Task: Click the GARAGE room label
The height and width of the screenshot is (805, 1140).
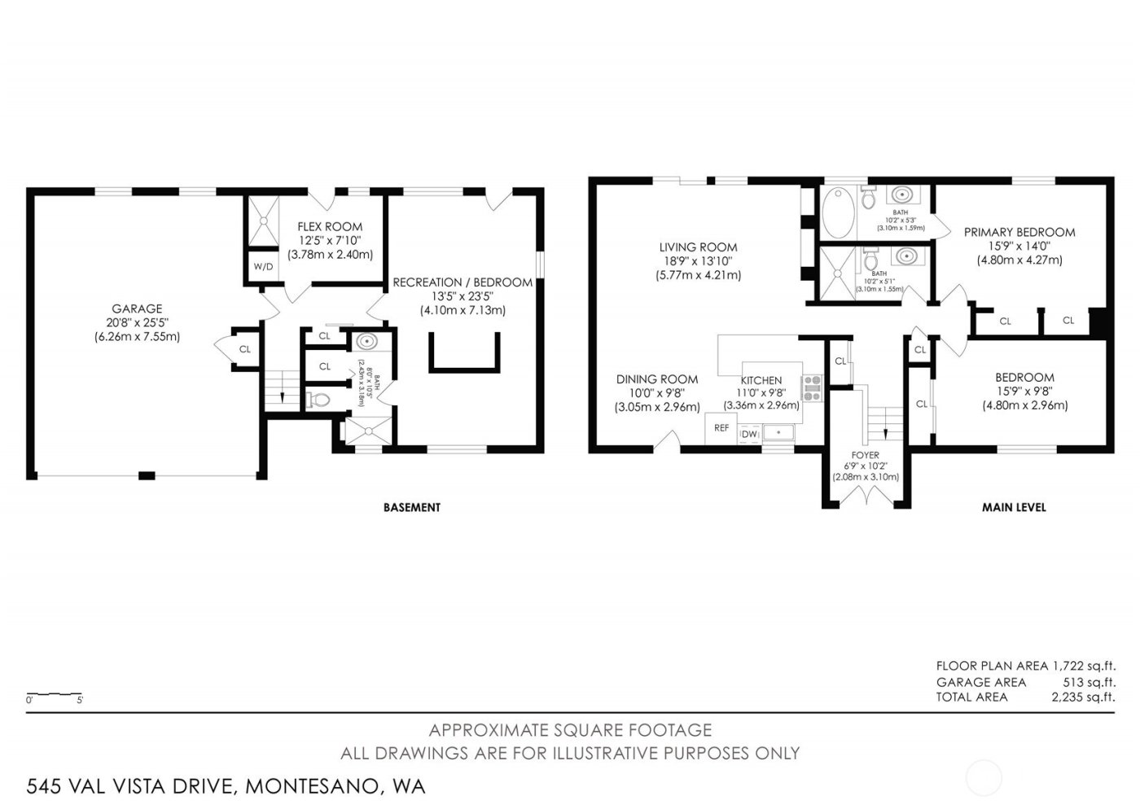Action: (x=137, y=308)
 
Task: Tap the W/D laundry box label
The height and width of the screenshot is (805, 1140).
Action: (x=262, y=266)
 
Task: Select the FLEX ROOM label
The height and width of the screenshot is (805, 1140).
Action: (x=330, y=227)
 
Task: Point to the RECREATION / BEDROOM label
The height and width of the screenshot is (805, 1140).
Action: (x=463, y=282)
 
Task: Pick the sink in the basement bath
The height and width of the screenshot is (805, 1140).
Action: (x=367, y=343)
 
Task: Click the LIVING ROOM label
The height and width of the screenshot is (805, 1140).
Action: (x=698, y=247)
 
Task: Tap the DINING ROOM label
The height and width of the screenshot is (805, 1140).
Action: (x=656, y=379)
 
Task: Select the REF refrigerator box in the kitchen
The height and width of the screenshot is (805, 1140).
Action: (x=721, y=427)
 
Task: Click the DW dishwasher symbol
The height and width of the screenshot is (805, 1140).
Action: (x=748, y=435)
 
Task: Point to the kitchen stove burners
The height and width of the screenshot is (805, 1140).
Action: (x=813, y=387)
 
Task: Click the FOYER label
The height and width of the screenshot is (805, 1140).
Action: (x=865, y=455)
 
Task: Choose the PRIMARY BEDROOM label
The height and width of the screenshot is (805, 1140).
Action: (x=1019, y=233)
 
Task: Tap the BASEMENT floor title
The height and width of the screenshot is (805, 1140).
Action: (x=411, y=507)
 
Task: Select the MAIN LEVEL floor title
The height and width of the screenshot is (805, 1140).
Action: (x=1014, y=507)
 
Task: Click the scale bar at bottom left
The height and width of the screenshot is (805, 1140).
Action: (x=54, y=695)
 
